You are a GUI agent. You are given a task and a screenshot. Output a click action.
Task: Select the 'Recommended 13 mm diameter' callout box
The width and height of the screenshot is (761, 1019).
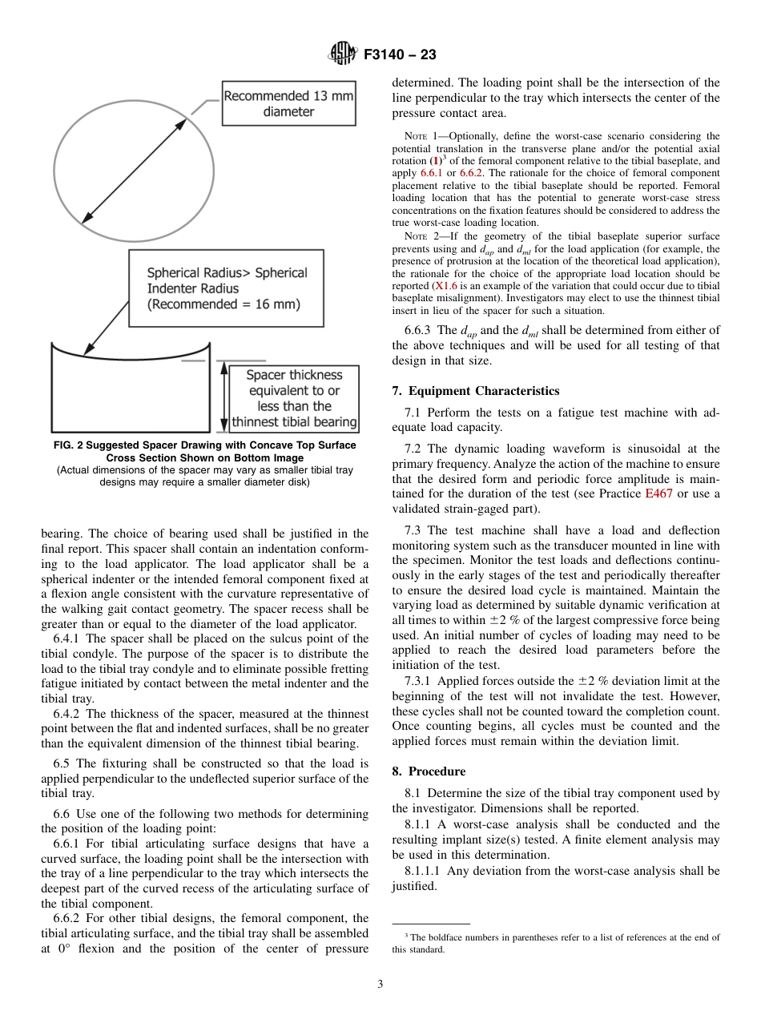pyautogui.click(x=288, y=104)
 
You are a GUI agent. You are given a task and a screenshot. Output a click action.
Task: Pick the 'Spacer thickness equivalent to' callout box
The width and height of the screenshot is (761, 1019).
pyautogui.click(x=293, y=398)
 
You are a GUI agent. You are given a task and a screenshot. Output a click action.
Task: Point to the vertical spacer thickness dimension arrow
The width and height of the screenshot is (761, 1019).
pyautogui.click(x=222, y=398)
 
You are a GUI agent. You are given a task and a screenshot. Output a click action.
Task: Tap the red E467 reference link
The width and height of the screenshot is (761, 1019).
pyautogui.click(x=658, y=493)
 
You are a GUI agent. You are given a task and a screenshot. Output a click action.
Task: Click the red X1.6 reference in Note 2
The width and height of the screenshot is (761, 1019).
pyautogui.click(x=444, y=285)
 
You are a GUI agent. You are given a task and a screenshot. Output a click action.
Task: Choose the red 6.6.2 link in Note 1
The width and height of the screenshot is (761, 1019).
pyautogui.click(x=469, y=172)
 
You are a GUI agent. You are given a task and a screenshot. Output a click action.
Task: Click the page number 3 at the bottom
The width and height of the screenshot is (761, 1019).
pyautogui.click(x=380, y=985)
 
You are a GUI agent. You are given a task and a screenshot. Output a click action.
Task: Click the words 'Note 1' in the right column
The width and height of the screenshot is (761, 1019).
pyautogui.click(x=422, y=136)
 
